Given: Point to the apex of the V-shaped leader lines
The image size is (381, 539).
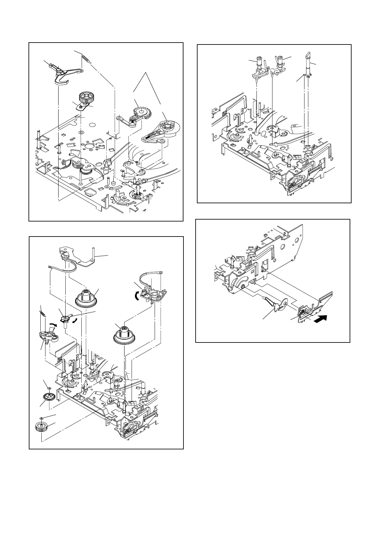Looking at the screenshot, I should tap(147, 73).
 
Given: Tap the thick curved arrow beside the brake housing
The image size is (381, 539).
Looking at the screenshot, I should tap(138, 296).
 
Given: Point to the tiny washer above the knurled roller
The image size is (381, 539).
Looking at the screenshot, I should tap(41, 418).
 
